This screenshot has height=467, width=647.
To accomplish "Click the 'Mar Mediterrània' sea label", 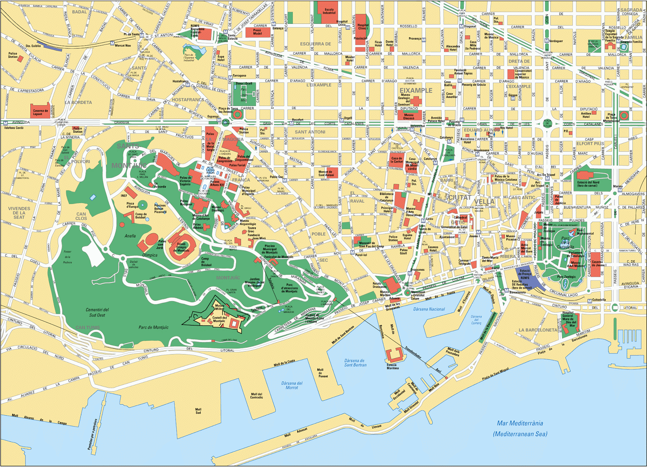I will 520,423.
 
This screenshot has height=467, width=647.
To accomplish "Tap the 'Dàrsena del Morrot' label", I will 292,385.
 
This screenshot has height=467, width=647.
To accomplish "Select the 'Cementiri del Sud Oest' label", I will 97,312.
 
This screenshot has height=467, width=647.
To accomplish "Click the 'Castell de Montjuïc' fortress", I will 219,319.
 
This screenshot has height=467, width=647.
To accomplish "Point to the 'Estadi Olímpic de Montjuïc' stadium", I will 182,245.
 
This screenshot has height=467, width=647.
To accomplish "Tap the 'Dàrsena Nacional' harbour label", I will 429,309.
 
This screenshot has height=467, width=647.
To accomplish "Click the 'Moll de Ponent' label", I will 322,373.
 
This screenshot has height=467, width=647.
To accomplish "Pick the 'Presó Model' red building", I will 258,32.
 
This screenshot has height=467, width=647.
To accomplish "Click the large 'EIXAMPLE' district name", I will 416,91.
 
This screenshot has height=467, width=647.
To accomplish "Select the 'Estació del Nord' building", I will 588,180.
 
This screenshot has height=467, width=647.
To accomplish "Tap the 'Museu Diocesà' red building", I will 408,116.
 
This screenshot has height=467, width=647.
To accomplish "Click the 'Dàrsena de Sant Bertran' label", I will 355,363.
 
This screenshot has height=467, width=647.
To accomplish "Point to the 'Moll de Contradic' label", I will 256,395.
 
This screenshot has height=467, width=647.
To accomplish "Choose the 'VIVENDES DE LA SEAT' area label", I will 19,213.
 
